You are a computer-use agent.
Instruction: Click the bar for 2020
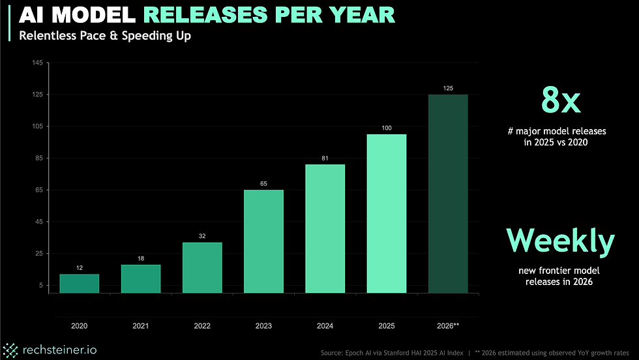(79, 283)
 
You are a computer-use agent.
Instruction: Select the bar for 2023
(263, 241)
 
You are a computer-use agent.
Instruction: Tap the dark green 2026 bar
(447, 194)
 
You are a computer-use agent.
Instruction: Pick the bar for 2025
(386, 213)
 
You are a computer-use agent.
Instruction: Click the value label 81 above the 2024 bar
(325, 157)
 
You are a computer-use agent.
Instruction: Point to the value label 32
(202, 235)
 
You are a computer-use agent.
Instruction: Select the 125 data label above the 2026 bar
(447, 87)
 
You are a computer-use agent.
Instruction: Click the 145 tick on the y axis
(37, 63)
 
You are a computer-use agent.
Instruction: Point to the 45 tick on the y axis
(38, 222)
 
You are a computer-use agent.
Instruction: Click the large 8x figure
(561, 101)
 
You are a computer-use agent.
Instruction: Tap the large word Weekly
(561, 241)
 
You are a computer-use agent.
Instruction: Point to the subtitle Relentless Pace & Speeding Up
(106, 35)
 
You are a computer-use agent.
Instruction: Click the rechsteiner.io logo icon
(10, 350)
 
